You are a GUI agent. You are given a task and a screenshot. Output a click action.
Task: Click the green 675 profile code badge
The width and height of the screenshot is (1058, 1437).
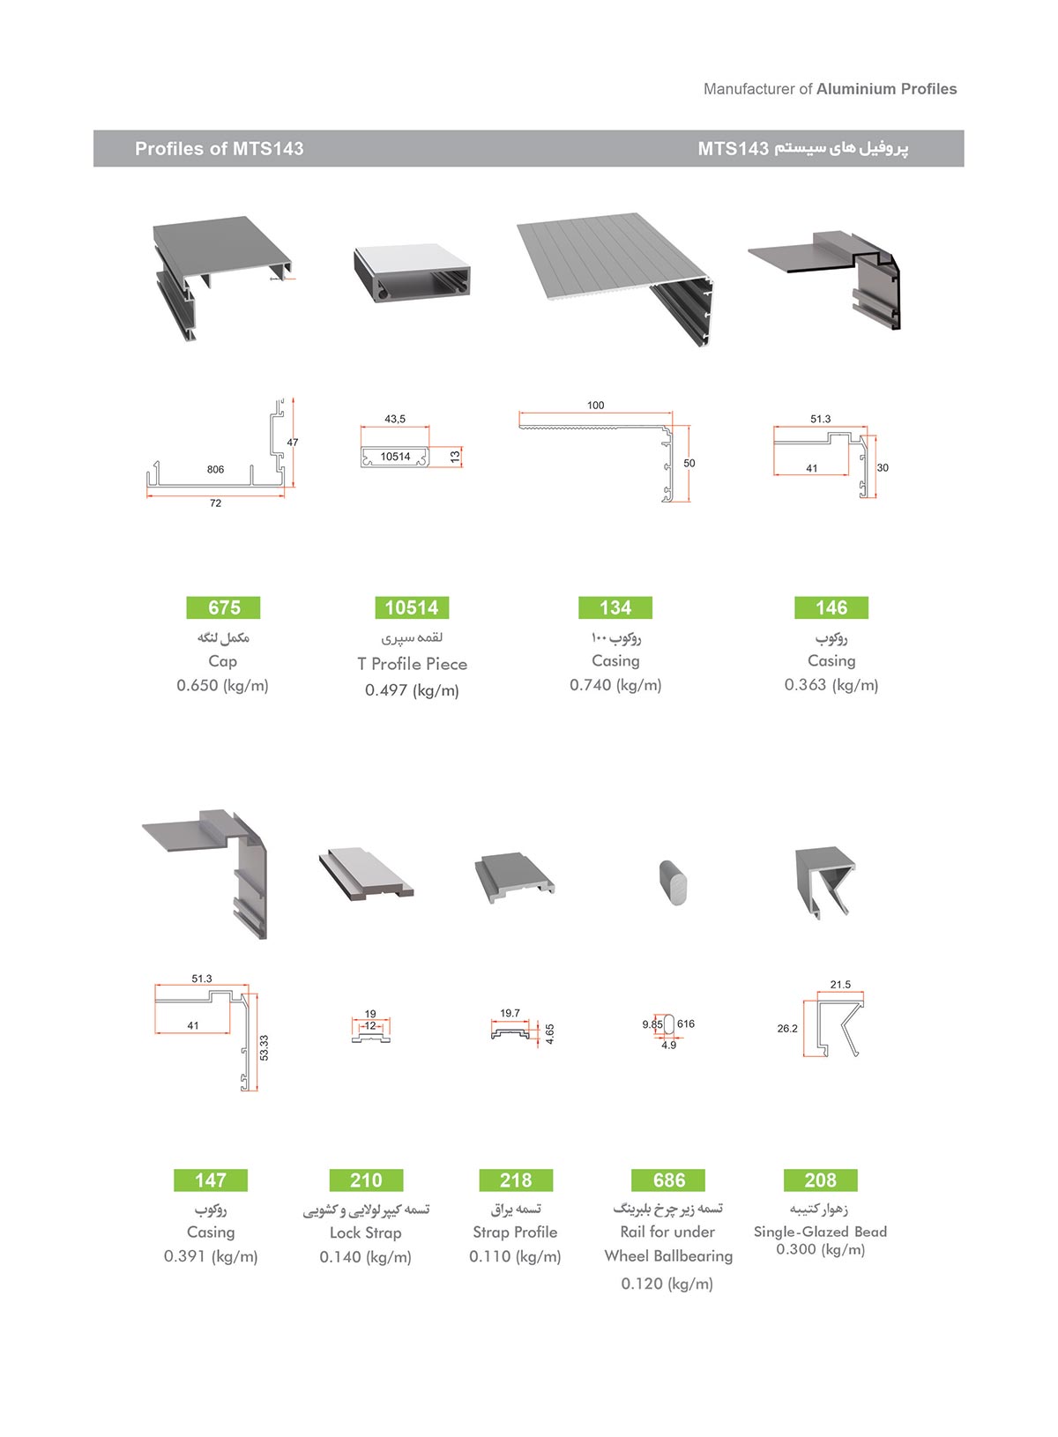(224, 607)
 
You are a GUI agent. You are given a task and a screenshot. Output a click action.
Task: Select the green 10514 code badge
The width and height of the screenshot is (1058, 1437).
(412, 607)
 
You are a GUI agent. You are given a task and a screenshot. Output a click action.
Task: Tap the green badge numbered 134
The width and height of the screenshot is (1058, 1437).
(615, 607)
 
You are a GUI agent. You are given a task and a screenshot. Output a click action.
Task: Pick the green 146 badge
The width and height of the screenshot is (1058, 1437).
(831, 607)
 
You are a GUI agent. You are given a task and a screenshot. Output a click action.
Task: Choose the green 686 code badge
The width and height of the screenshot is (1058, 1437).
(669, 1180)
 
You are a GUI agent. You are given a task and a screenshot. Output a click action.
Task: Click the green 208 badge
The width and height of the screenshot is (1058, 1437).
(820, 1180)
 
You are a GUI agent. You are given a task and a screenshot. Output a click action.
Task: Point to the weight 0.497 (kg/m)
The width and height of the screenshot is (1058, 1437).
(412, 690)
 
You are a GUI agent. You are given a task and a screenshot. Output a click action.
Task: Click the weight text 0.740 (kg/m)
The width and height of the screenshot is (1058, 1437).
(615, 685)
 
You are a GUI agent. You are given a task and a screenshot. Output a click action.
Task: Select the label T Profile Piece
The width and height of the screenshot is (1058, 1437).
(412, 664)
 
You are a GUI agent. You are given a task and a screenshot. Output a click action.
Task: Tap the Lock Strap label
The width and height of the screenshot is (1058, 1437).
(365, 1232)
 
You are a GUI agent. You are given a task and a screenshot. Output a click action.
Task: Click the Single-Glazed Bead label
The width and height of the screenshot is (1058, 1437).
(820, 1232)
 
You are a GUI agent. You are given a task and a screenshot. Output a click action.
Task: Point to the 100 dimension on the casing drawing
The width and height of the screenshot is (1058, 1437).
(596, 406)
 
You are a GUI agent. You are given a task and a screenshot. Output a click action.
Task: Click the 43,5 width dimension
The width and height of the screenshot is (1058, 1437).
(395, 419)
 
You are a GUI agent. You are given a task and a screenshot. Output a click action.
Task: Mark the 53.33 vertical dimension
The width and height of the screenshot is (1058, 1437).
(264, 1047)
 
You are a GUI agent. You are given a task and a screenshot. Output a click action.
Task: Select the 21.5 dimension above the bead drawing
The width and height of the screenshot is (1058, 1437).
(840, 985)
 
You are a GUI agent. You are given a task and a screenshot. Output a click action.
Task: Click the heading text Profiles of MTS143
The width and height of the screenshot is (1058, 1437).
(219, 149)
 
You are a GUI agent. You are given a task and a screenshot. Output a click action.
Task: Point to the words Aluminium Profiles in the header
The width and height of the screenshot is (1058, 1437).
(886, 89)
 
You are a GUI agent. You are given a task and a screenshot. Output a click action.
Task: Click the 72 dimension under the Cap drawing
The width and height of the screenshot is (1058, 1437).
(215, 503)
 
